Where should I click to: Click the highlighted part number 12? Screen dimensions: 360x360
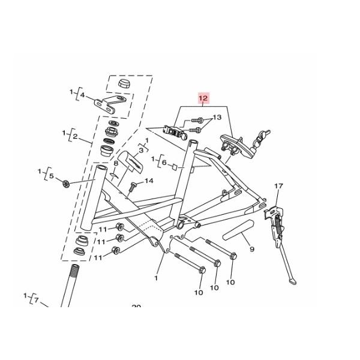203,98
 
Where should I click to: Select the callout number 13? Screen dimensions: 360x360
217,118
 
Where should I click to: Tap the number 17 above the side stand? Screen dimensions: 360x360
278,187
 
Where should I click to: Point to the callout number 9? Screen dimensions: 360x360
251,249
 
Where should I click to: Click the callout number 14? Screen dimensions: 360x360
149,181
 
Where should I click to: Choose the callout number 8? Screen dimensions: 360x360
116,163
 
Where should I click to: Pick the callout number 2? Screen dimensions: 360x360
75,137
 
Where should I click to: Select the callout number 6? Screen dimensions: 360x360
163,162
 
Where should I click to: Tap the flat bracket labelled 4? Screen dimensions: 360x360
108,103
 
